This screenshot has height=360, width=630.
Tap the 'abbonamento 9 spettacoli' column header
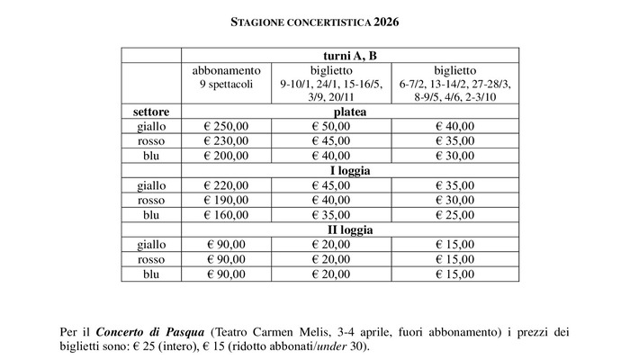pyautogui.click(x=227, y=76)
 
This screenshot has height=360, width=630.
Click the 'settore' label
pyautogui.click(x=151, y=112)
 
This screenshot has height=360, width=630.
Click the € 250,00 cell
pyautogui.click(x=226, y=126)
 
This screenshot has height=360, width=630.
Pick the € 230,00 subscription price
pyautogui.click(x=226, y=140)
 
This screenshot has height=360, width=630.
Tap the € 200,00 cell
pyautogui.click(x=226, y=155)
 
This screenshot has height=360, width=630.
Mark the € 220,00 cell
pyautogui.click(x=226, y=185)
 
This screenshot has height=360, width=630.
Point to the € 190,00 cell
pyautogui.click(x=226, y=200)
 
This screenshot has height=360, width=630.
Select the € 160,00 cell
pyautogui.click(x=226, y=214)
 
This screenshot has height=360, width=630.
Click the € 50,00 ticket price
pyautogui.click(x=330, y=126)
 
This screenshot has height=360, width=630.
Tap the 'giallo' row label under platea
pyautogui.click(x=151, y=126)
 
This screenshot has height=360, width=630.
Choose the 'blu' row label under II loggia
pyautogui.click(x=151, y=274)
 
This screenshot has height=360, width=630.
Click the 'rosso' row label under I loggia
pyautogui.click(x=151, y=200)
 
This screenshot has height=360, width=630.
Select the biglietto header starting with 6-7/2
pyautogui.click(x=455, y=83)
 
